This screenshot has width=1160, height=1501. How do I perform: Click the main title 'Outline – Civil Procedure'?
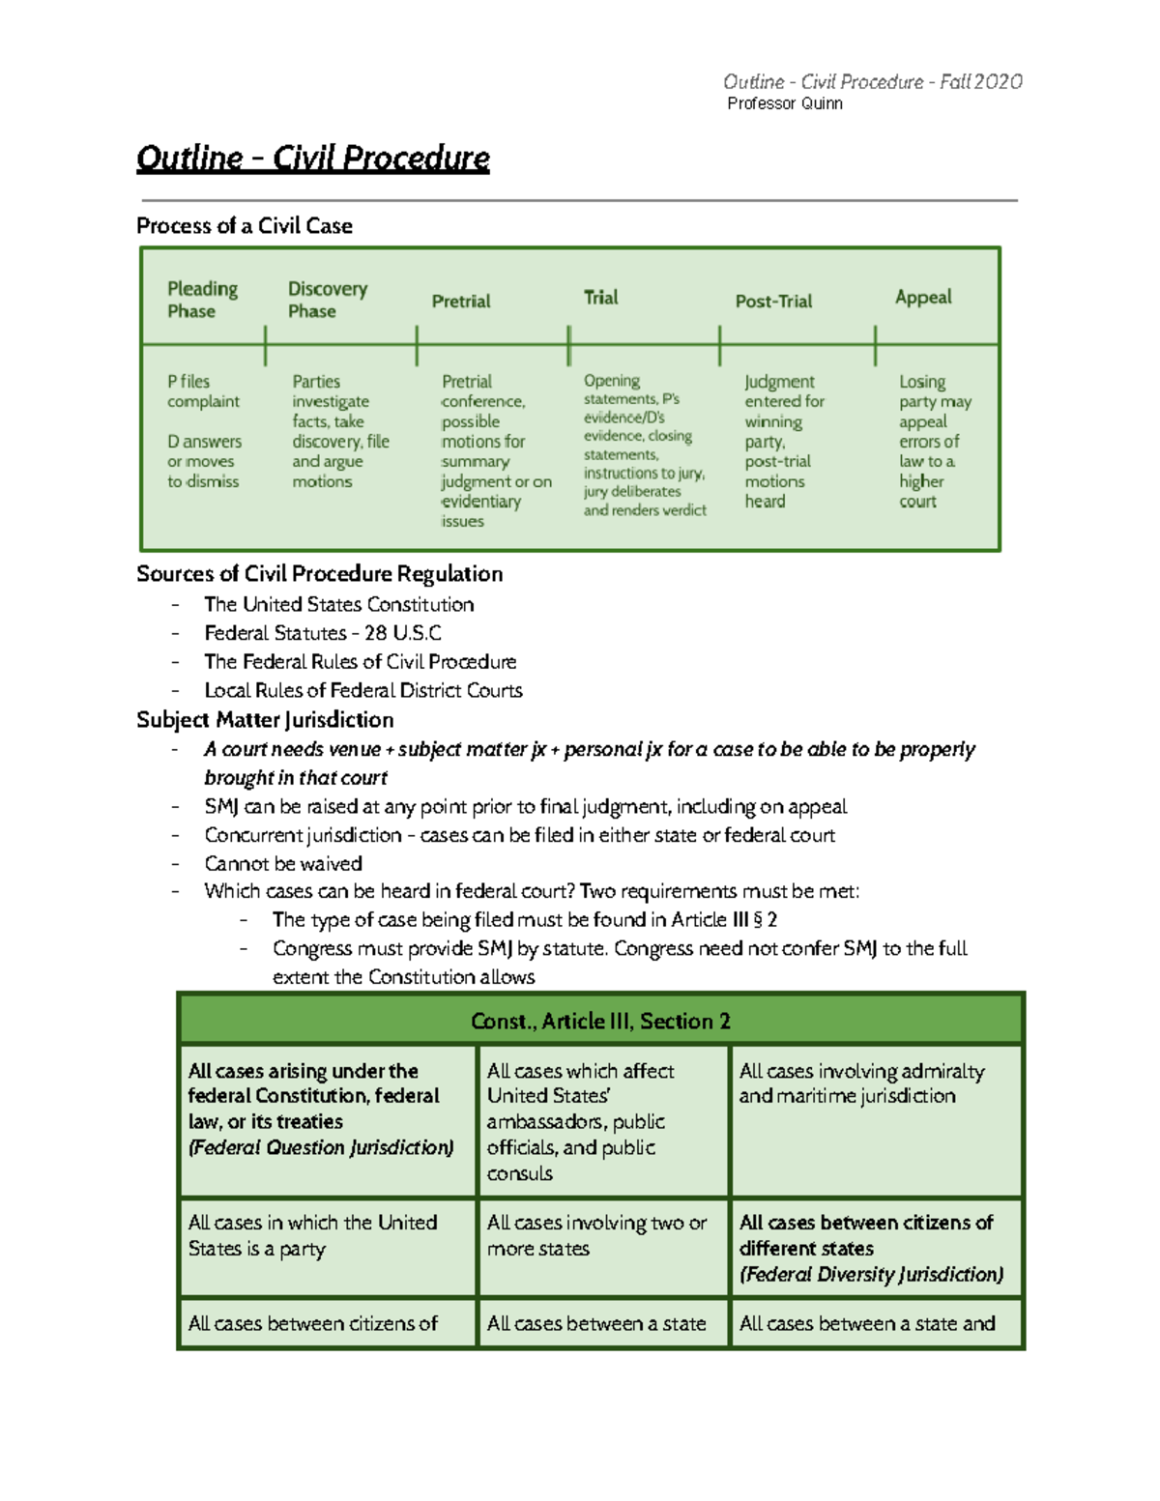[x=312, y=158]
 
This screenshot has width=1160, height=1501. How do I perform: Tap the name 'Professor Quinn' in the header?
[x=784, y=103]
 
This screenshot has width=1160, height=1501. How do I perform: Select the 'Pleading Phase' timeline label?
[x=202, y=300]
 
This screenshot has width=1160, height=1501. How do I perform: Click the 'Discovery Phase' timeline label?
[x=327, y=300]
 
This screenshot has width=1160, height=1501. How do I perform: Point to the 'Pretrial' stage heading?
[x=460, y=302]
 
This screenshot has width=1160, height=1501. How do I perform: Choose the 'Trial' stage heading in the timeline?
[x=600, y=298]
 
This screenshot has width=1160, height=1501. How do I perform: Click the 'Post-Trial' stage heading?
[x=773, y=302]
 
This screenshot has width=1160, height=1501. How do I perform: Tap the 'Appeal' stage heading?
[x=923, y=298]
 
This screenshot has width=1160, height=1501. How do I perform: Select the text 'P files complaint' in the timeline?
[x=203, y=391]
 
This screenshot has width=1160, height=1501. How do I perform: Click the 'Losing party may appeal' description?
[x=934, y=401]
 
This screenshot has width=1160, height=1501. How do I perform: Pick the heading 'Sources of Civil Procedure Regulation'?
[x=319, y=574]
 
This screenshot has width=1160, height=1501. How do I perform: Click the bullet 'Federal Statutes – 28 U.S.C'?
[x=322, y=633]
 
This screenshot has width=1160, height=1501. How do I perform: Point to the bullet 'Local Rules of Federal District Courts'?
[x=362, y=690]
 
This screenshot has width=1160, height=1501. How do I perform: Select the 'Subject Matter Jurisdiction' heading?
[x=265, y=720]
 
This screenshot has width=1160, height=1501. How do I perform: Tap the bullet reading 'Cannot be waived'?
[x=283, y=863]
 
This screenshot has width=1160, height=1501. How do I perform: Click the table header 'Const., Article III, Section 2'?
[x=600, y=1022]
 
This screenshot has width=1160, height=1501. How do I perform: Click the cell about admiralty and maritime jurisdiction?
[x=861, y=1083]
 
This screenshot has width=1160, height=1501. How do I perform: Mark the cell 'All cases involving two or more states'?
[x=596, y=1235]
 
